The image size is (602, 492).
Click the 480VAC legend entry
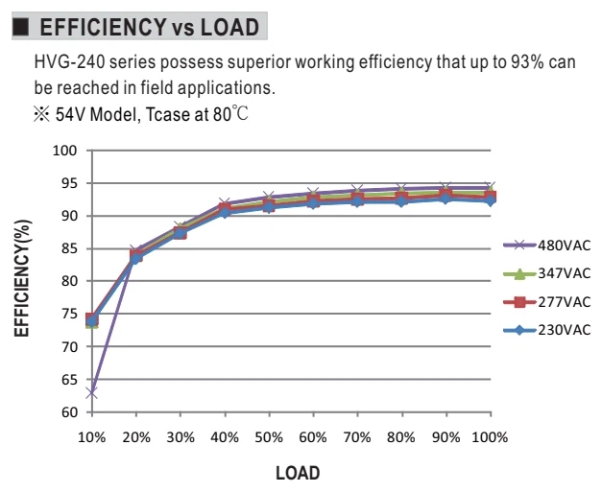[x=546, y=246]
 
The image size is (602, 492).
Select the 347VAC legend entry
[x=546, y=273]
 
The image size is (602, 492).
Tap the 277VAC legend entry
[x=546, y=302]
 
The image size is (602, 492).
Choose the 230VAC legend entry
[x=546, y=330]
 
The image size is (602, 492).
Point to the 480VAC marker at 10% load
[x=92, y=393]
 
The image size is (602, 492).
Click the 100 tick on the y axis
[x=64, y=151]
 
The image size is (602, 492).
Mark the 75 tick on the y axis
[x=68, y=314]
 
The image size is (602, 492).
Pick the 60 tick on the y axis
[x=68, y=412]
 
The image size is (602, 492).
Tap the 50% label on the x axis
[x=269, y=437]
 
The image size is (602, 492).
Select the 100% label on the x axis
[x=490, y=437]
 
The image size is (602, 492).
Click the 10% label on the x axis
[x=92, y=437]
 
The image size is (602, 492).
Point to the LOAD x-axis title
[x=298, y=473]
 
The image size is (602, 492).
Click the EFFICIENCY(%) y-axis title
[x=22, y=278]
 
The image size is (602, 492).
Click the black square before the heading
[x=20, y=27]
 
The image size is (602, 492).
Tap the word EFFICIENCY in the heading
[x=103, y=27]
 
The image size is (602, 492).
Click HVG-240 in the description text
[x=69, y=62]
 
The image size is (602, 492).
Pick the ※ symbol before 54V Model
[x=41, y=114]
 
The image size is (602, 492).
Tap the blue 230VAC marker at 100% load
[x=491, y=200]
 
